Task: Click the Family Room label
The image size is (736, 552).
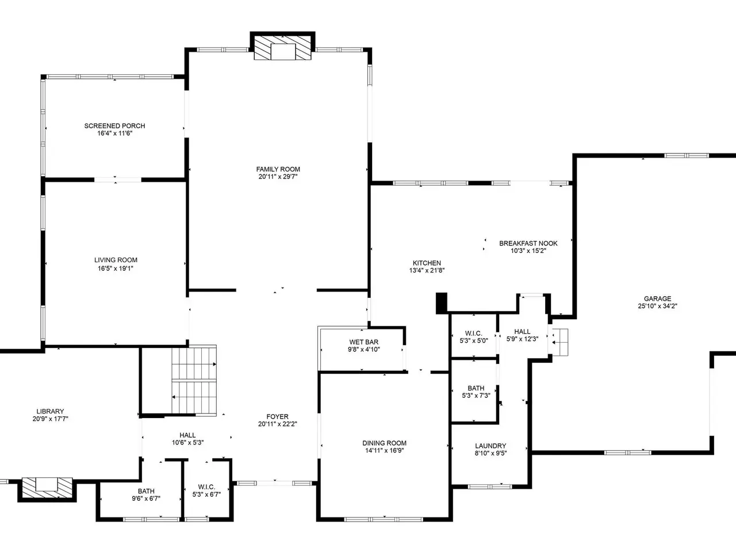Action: coord(278,169)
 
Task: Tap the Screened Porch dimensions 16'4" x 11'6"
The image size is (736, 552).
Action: coord(114,133)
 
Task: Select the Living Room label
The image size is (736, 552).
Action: coord(116,260)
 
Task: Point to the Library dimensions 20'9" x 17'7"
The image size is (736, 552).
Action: coord(50,419)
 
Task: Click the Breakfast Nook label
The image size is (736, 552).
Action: coord(528,243)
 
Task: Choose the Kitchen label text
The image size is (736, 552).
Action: coord(427,263)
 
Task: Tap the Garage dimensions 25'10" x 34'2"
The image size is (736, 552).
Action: coord(658,306)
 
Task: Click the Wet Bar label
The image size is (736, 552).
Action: coord(364,342)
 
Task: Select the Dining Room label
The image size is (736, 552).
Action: coord(384,443)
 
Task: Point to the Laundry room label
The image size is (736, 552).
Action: coord(490,446)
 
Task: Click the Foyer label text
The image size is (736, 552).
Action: coord(277,417)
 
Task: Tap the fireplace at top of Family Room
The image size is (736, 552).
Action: coord(283,48)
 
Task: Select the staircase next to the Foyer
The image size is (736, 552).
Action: coord(194,380)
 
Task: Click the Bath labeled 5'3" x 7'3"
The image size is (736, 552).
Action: coord(476,392)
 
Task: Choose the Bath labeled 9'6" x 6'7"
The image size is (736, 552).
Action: coord(146,494)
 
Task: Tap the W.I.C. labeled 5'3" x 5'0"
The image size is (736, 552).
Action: coord(474,337)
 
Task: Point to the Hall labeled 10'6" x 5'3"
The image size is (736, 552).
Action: coord(188,439)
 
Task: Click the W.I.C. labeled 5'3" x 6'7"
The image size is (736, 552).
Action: coord(206,490)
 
